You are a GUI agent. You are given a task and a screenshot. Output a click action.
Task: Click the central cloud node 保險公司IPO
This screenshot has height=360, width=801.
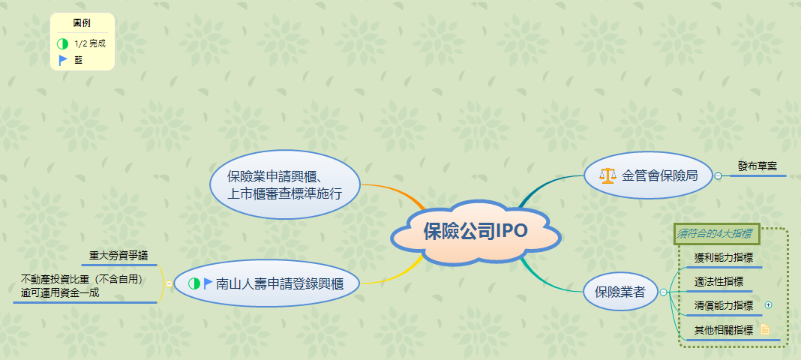[475, 231]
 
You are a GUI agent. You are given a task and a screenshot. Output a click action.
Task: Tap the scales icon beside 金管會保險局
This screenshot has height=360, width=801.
[607, 176]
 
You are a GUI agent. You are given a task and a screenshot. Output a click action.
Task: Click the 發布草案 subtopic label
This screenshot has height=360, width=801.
[757, 166]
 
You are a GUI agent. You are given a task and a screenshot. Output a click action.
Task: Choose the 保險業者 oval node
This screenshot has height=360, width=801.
[619, 292]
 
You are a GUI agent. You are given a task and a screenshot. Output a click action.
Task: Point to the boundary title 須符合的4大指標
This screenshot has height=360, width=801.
[715, 234]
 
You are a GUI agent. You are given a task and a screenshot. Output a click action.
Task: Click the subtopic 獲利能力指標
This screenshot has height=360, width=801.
[724, 258]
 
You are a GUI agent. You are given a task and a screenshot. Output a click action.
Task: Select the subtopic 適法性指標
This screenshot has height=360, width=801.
[718, 282]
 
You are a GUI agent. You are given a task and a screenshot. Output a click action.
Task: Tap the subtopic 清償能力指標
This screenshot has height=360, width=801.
[724, 305]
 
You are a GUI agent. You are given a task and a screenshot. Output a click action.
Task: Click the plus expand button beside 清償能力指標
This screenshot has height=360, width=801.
[768, 305]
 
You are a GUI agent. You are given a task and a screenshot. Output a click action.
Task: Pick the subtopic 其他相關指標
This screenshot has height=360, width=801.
[724, 329]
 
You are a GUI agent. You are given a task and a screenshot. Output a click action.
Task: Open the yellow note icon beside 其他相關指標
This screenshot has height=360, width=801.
[765, 329]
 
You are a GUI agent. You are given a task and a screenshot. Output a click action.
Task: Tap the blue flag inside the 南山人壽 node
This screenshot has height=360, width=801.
[208, 283]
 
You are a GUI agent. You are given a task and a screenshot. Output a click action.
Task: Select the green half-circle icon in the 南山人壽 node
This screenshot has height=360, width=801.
[194, 283]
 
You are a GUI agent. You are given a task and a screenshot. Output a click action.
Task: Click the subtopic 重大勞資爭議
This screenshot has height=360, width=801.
[118, 255]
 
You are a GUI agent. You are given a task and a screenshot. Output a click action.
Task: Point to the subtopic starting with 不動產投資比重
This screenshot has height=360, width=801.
[82, 286]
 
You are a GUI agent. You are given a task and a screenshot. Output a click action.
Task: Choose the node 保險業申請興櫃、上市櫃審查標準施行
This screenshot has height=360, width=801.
[284, 185]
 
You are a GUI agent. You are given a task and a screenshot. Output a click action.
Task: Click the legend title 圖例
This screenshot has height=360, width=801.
[82, 23]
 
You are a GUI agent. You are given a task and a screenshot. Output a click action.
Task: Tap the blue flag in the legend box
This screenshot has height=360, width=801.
[63, 60]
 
